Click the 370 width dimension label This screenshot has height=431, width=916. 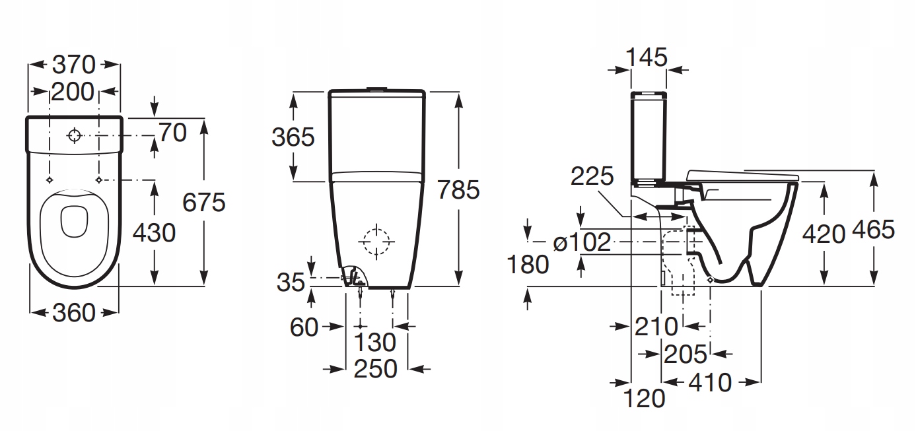click(x=74, y=65)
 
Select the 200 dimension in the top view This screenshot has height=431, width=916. click(x=73, y=92)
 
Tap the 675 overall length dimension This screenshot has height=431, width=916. click(x=203, y=202)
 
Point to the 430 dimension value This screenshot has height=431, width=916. click(x=154, y=233)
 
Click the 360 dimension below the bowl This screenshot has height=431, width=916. click(x=74, y=313)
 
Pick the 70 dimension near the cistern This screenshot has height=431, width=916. click(x=172, y=133)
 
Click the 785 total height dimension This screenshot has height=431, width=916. click(x=458, y=189)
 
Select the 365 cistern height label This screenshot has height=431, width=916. click(x=293, y=137)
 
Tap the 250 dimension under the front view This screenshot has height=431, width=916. click(x=375, y=369)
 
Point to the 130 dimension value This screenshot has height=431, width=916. click(x=374, y=342)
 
